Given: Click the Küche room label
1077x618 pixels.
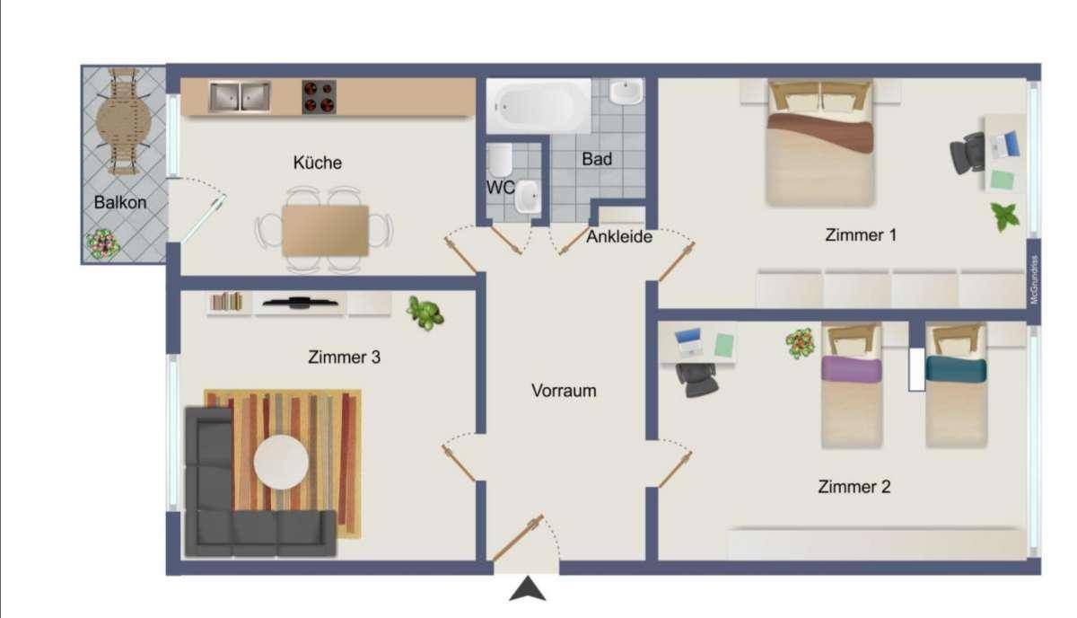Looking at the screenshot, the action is (317, 163).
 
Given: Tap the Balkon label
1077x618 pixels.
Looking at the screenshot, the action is (119, 203).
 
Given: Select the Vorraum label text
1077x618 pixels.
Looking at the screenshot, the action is (564, 392).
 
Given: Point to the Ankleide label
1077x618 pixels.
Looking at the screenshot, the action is (619, 237).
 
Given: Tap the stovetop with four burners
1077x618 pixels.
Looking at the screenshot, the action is (319, 97).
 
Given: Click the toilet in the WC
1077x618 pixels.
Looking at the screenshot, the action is (500, 162).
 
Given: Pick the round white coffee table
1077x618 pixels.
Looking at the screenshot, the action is (281, 462).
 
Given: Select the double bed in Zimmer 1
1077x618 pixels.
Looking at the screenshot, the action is (820, 144).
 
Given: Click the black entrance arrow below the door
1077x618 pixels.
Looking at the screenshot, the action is (528, 590).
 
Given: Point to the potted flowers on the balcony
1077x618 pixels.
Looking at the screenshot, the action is (102, 243).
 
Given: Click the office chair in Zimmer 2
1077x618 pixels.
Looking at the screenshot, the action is (697, 378).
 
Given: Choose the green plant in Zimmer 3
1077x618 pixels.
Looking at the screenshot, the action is (425, 313).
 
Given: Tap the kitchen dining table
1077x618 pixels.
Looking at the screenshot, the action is (325, 231).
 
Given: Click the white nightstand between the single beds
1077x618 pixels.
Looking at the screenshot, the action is (916, 369).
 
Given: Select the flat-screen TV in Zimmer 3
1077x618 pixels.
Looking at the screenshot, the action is (299, 303).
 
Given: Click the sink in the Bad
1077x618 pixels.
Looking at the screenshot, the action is (626, 92).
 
